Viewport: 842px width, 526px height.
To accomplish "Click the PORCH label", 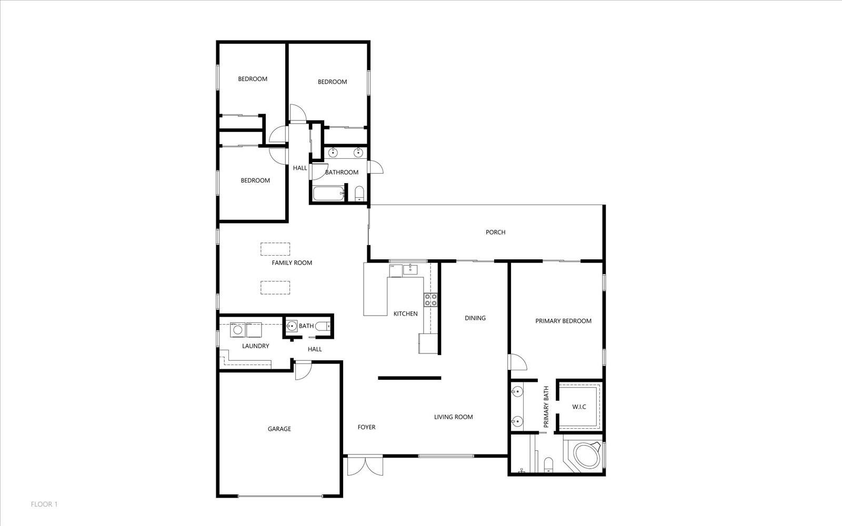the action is click(x=495, y=232).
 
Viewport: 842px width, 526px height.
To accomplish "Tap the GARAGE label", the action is click(x=279, y=429).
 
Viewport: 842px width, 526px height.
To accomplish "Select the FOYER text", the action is click(x=366, y=427).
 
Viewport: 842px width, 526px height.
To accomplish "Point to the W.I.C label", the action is click(x=579, y=407).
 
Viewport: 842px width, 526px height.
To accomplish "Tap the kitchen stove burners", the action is click(x=431, y=300).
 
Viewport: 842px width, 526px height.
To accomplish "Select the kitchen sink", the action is click(x=410, y=269).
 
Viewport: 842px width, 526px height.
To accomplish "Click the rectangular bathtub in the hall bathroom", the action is click(x=328, y=194).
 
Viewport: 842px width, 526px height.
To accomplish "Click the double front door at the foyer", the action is click(x=365, y=466).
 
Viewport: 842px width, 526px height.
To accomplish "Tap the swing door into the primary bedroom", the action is click(x=517, y=362).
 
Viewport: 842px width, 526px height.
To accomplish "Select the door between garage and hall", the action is click(x=303, y=370).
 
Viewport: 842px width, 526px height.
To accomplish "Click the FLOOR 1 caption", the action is click(x=44, y=504).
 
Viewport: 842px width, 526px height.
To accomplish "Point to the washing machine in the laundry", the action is click(x=237, y=330).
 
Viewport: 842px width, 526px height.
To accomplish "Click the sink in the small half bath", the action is click(x=292, y=326).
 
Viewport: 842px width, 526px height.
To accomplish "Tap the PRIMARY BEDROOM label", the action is click(x=564, y=321).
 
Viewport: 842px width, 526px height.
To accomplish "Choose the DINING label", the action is click(x=475, y=318).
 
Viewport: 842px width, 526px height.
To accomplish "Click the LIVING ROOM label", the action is click(x=453, y=417).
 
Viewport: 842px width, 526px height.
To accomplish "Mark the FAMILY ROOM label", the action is click(x=292, y=262).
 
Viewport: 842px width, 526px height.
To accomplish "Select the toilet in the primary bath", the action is click(x=548, y=464).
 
